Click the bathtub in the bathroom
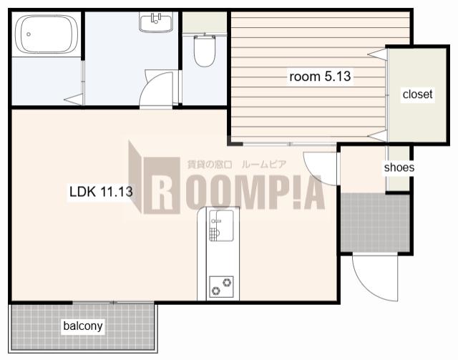pos(46,34)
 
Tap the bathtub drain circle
pos(29,34)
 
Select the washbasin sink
pos(156,22)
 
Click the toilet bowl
pos(205,50)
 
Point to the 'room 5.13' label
pos(320,77)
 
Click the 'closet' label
pos(417,94)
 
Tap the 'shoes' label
pos(399,167)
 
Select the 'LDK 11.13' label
pos(101,192)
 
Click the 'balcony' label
pos(83,326)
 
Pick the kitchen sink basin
pos(221,225)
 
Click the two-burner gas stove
pos(221,286)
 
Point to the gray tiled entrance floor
pos(375,222)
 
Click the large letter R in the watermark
pos(162,185)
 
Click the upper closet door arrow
pos(377,54)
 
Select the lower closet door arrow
pos(377,136)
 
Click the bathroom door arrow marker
pos(73,99)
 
